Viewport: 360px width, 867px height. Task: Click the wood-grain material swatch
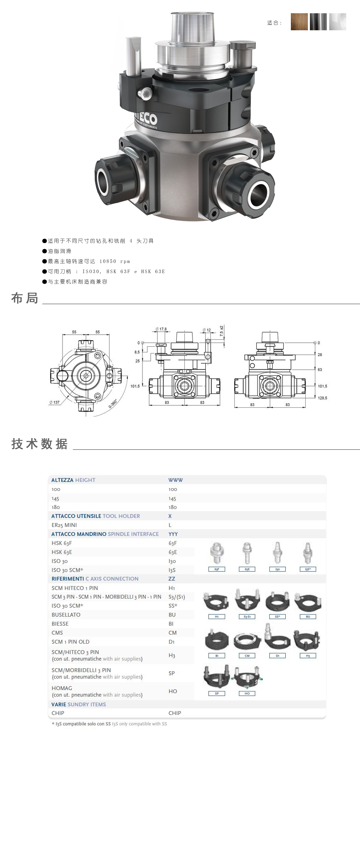click(x=299, y=22)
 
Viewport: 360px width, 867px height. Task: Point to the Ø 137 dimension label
click(x=54, y=402)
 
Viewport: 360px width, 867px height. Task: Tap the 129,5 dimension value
click(x=322, y=398)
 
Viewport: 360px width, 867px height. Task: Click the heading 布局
click(x=25, y=298)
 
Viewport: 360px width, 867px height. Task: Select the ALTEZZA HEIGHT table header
click(x=73, y=480)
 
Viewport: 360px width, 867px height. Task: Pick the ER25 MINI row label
click(x=64, y=525)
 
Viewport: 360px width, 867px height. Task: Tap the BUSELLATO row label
click(x=66, y=615)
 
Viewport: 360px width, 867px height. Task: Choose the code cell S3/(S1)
click(x=177, y=597)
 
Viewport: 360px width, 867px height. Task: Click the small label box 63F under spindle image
click(x=217, y=569)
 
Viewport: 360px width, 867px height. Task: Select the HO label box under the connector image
click(x=247, y=693)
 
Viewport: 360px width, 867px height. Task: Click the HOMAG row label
click(x=62, y=688)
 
